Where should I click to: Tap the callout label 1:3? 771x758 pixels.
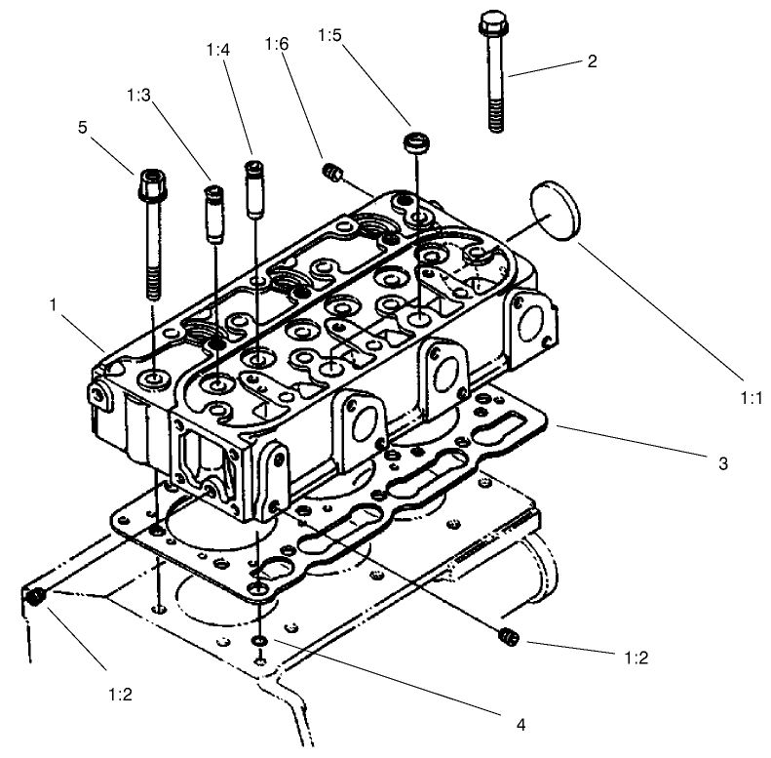139,96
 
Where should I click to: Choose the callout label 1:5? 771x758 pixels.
329,35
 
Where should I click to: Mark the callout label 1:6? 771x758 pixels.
277,45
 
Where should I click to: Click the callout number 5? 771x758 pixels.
83,127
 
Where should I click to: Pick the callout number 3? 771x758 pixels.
722,464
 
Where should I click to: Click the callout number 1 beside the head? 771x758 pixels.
53,305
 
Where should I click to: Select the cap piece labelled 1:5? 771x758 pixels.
416,143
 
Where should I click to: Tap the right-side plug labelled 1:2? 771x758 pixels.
507,637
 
